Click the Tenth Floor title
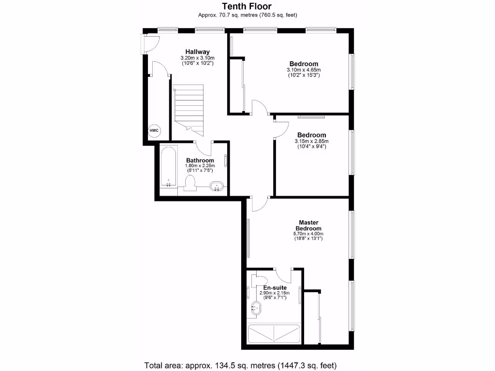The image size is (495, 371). pos(247,6)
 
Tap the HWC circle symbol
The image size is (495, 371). pos(154,130)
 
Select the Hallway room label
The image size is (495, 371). pos(198,52)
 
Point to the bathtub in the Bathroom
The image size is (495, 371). pos(168,167)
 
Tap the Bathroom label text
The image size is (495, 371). pos(200,160)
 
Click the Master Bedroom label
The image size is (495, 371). pos(308,226)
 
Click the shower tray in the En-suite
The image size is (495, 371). pos(274,333)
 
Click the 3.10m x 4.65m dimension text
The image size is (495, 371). pos(304,70)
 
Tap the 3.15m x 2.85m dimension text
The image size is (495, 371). pos(311,141)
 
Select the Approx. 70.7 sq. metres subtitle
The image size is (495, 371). pos(247,15)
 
